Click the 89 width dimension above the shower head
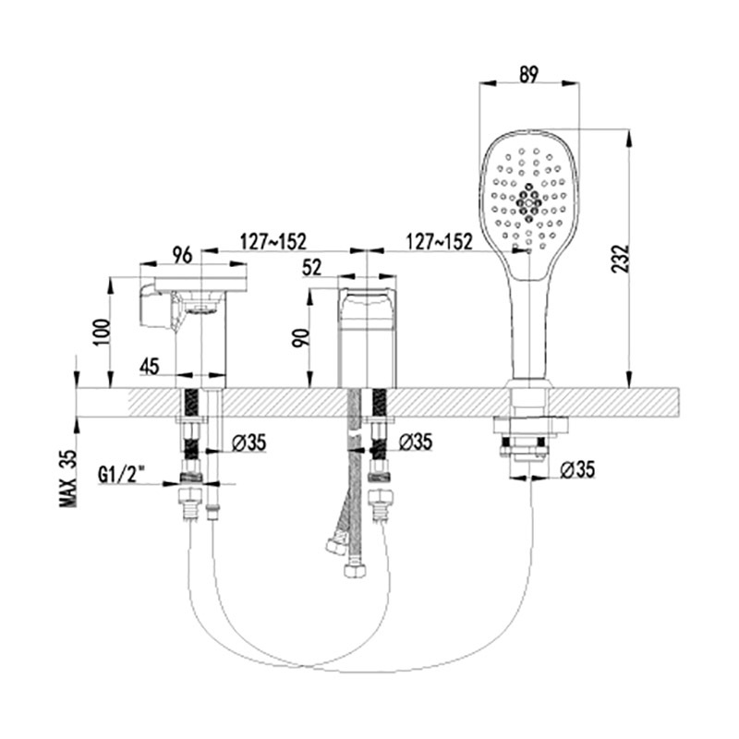(528, 74)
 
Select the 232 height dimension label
(620, 258)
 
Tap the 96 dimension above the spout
(182, 255)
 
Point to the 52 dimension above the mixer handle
(311, 268)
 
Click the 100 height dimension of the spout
(103, 332)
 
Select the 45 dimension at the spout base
(150, 366)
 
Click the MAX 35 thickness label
(67, 479)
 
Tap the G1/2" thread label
(120, 475)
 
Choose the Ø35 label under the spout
(248, 442)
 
